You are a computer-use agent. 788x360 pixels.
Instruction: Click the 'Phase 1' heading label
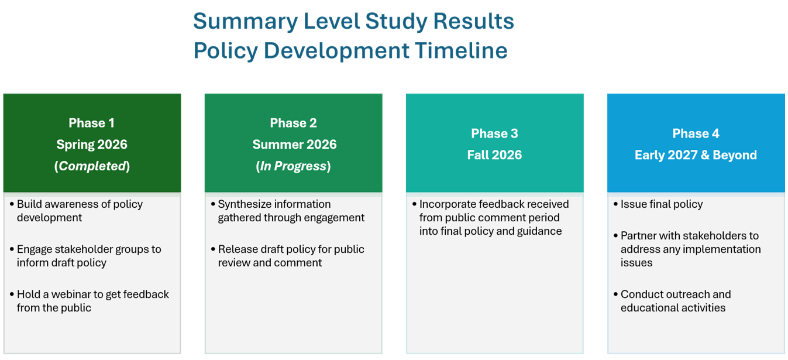coord(91,123)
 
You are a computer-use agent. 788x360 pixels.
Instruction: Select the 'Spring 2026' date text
coord(92,144)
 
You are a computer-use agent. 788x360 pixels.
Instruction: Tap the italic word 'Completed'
coord(92,166)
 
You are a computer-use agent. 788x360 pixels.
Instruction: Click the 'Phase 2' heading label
coord(294,123)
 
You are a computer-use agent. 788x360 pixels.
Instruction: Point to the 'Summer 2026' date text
coord(294,144)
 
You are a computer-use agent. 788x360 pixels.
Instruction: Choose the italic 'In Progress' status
coord(294,166)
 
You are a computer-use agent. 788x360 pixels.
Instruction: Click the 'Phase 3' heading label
coord(494,133)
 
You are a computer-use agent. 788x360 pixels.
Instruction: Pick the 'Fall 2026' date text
coord(494,155)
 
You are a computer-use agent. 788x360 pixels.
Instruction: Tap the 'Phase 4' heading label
coord(696,133)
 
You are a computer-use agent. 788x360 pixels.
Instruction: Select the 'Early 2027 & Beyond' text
coord(696,155)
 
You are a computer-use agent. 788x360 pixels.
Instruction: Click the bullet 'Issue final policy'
coord(662,204)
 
